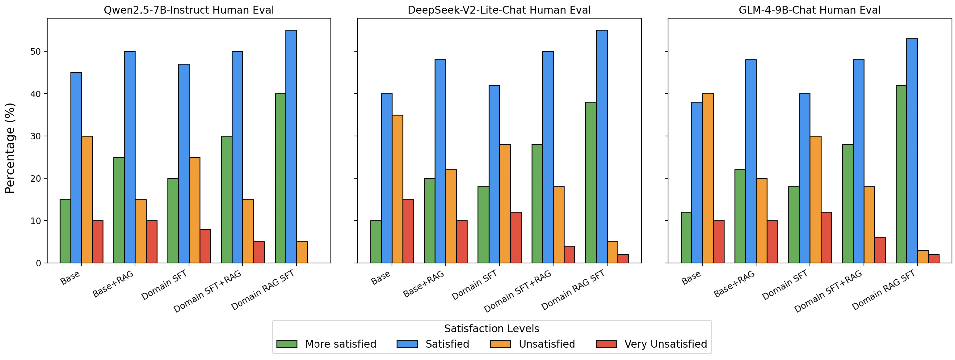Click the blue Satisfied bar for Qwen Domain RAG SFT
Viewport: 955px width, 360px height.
[x=291, y=146]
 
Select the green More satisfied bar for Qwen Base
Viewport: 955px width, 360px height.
[x=65, y=231]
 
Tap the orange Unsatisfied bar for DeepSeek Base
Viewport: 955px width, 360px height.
[x=398, y=189]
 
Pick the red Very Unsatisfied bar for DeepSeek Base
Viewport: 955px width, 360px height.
[x=408, y=231]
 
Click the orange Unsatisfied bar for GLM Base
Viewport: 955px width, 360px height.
[x=708, y=178]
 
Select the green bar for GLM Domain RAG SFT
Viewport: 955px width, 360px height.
[x=901, y=174]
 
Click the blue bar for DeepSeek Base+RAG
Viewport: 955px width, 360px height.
[x=440, y=161]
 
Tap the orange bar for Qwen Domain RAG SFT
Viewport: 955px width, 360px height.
[x=302, y=252]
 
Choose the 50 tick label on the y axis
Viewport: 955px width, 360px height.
[x=36, y=52]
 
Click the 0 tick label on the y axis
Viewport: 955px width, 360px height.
[x=38, y=263]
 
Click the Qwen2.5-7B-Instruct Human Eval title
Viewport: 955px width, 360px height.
[x=189, y=10]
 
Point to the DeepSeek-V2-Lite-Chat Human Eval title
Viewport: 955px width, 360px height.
[x=499, y=10]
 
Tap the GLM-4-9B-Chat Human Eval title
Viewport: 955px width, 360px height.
[x=809, y=10]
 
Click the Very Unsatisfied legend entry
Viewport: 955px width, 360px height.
[x=666, y=344]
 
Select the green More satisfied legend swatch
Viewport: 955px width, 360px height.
[x=287, y=344]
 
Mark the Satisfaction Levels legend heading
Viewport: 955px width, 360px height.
[x=492, y=328]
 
